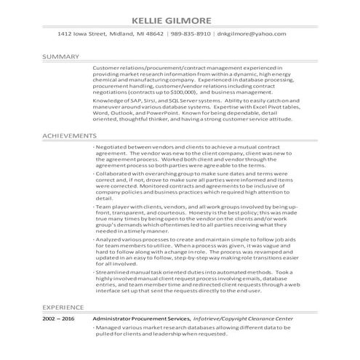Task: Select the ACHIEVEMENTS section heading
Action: [x=70, y=135]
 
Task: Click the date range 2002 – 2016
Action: [x=58, y=319]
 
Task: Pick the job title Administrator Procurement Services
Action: [x=142, y=319]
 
